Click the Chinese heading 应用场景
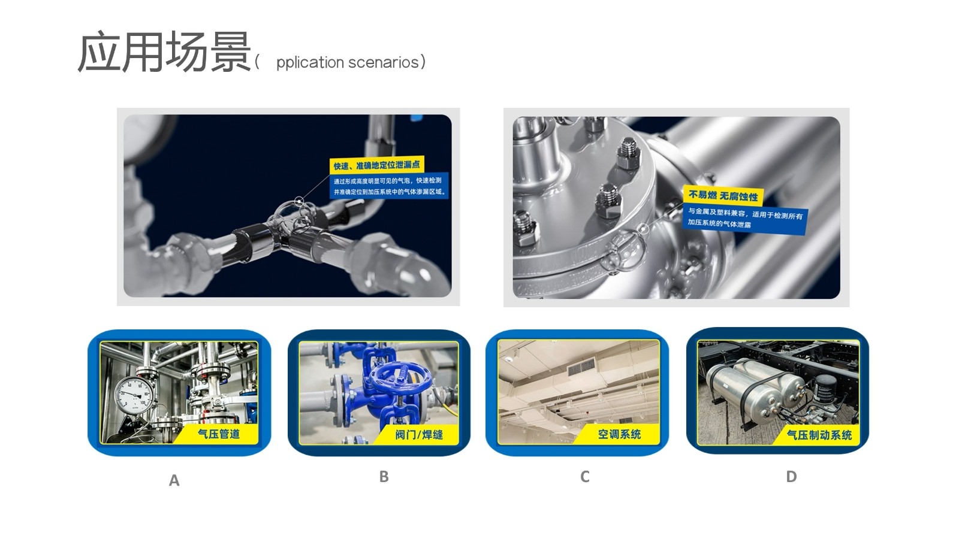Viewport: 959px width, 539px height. click(164, 52)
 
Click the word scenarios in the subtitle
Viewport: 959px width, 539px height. click(384, 62)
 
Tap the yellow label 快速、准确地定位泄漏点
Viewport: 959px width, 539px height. click(377, 165)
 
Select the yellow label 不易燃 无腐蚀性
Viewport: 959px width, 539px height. click(723, 196)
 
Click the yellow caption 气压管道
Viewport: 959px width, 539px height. click(219, 434)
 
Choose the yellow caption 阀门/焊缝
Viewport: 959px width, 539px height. click(419, 435)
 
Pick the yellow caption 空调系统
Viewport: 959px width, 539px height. click(620, 435)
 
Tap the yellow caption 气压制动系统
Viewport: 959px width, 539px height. click(819, 435)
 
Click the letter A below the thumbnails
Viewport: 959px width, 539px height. click(174, 480)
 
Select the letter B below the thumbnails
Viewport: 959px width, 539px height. click(384, 477)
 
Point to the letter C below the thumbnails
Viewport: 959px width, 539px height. click(585, 477)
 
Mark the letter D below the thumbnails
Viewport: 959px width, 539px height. click(791, 477)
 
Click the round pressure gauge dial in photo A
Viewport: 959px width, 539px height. click(133, 395)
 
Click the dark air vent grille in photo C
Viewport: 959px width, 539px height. click(581, 367)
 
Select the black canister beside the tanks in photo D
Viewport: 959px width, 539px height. click(827, 390)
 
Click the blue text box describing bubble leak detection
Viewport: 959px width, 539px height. click(389, 186)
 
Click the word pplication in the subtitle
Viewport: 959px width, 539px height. click(310, 63)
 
